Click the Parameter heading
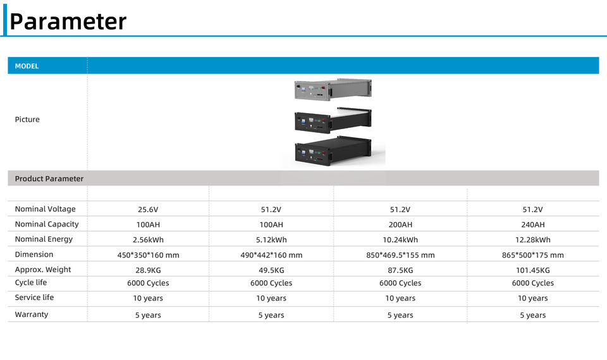(68, 22)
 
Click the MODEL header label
(27, 66)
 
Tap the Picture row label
(27, 120)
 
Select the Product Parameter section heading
(49, 178)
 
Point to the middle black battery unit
(333, 120)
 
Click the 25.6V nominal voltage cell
(148, 210)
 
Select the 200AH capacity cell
(400, 225)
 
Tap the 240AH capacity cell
(533, 225)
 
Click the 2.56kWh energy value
(148, 240)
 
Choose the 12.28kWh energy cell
(533, 240)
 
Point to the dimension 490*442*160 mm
(271, 255)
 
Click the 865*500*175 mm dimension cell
(533, 255)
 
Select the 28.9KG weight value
(148, 270)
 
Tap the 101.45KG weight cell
(533, 270)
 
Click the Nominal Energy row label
(44, 239)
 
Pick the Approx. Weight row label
(43, 270)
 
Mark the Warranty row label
(32, 314)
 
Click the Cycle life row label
(31, 282)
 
